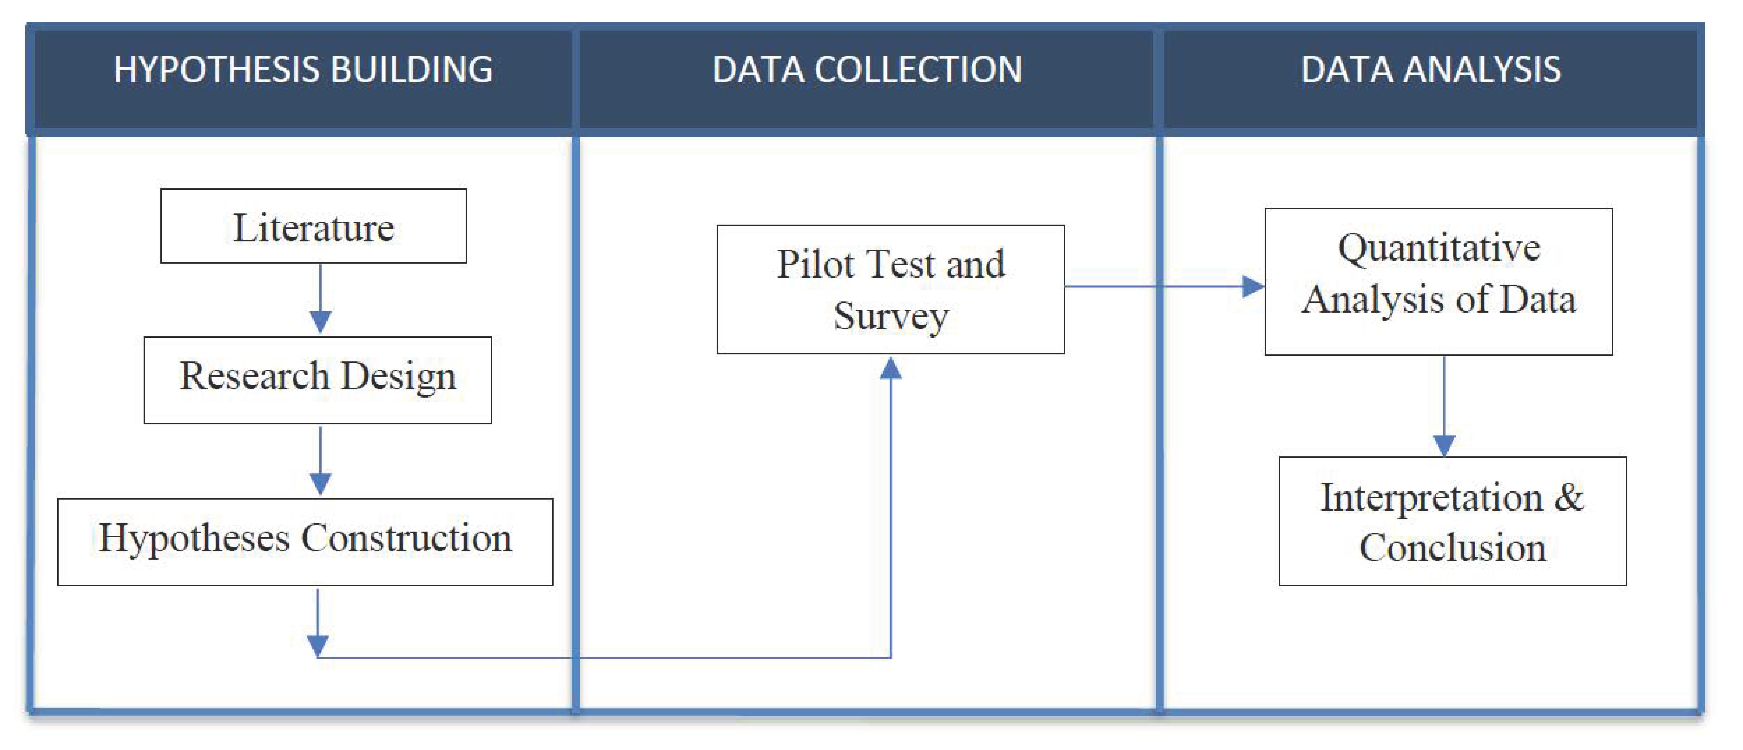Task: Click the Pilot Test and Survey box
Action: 891,289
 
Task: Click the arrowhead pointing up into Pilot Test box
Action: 891,369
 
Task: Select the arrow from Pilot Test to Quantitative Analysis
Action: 1164,286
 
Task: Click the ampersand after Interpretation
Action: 1568,498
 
